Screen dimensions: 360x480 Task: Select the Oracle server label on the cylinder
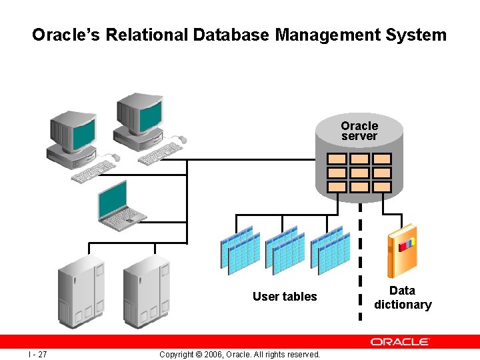[359, 131]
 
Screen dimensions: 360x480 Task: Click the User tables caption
[285, 297]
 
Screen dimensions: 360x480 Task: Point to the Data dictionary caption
[402, 297]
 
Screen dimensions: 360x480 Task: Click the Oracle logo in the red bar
[400, 341]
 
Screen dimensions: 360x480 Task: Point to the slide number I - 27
[37, 354]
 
